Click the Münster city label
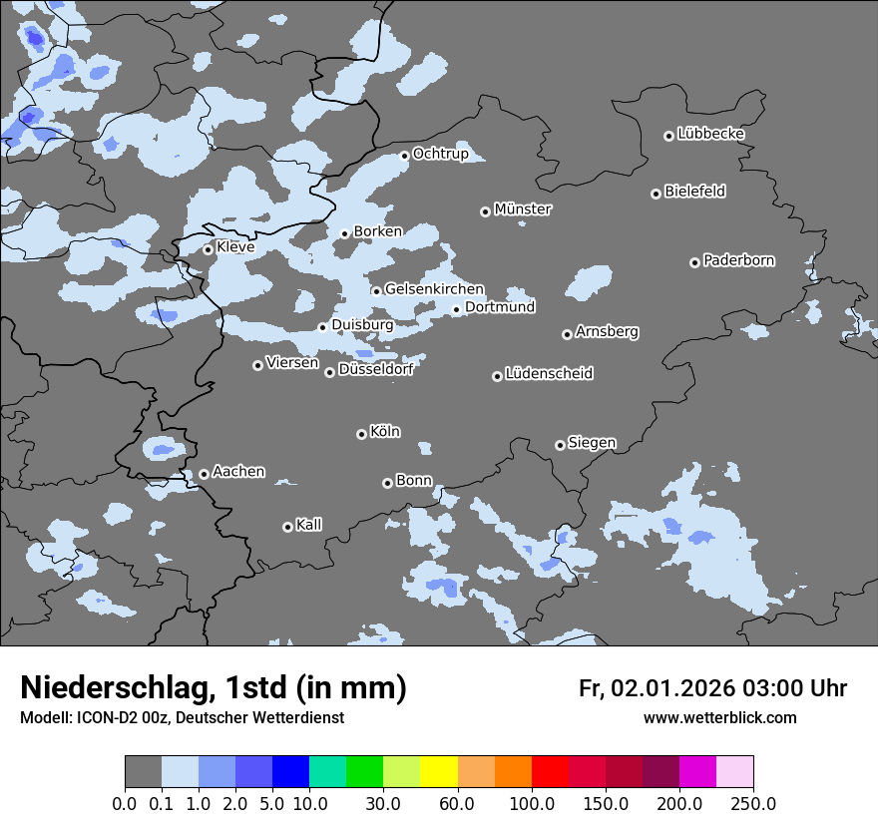pyautogui.click(x=522, y=209)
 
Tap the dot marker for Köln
pyautogui.click(x=361, y=434)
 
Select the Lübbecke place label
pyautogui.click(x=710, y=134)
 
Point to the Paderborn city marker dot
pyautogui.click(x=694, y=262)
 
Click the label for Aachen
pyautogui.click(x=238, y=471)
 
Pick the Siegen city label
pyautogui.click(x=592, y=443)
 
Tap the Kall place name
pyautogui.click(x=308, y=525)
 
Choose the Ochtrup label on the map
pyautogui.click(x=440, y=154)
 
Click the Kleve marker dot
pyautogui.click(x=208, y=249)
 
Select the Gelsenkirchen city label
pyautogui.click(x=434, y=289)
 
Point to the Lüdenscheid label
pyautogui.click(x=549, y=374)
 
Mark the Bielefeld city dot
pyautogui.click(x=656, y=194)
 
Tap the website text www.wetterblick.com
pyautogui.click(x=719, y=718)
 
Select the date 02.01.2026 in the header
pyautogui.click(x=672, y=688)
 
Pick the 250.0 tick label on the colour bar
pyautogui.click(x=753, y=803)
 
